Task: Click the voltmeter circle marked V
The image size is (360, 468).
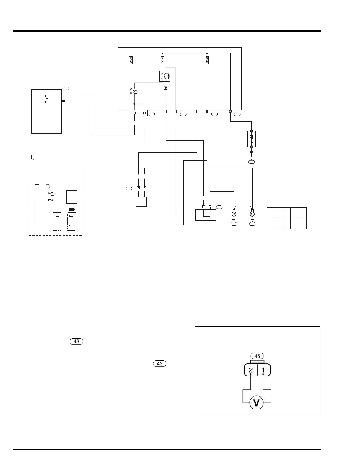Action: [x=257, y=403]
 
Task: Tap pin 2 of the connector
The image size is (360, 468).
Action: [x=250, y=370]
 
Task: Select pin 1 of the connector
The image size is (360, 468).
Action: [x=263, y=370]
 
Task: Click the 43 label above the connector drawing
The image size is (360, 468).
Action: [x=257, y=356]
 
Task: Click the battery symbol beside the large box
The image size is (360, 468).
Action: [x=251, y=139]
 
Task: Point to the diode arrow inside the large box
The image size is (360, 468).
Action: [x=166, y=88]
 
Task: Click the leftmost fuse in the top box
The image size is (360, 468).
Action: [x=131, y=60]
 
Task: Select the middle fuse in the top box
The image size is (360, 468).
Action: [x=162, y=60]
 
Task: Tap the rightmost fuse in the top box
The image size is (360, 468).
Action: [x=207, y=60]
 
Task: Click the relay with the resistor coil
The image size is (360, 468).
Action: [x=165, y=76]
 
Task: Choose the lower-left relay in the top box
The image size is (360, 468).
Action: [x=133, y=91]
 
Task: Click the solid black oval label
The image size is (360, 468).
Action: [x=72, y=209]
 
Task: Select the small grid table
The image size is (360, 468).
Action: [x=286, y=218]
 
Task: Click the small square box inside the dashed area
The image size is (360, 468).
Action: [x=72, y=197]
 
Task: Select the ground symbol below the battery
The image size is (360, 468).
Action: [x=252, y=156]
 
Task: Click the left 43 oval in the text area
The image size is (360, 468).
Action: [x=76, y=342]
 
